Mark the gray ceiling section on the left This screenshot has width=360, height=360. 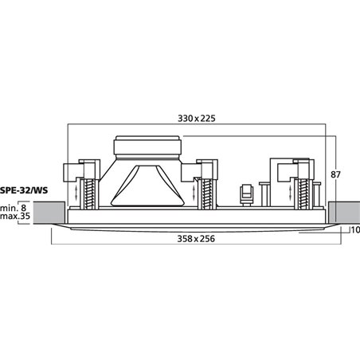[x=49, y=211]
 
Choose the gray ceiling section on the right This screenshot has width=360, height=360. [x=344, y=211]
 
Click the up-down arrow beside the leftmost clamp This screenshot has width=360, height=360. [x=77, y=194]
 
